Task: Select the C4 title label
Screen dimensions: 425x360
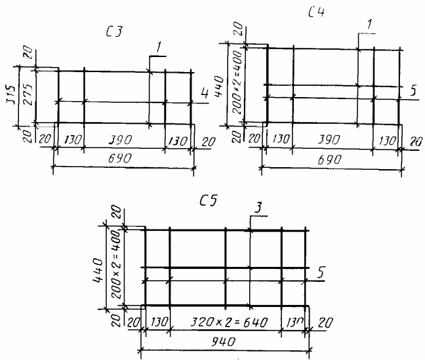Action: [x=315, y=12]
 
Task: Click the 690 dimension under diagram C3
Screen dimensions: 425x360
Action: [x=123, y=158]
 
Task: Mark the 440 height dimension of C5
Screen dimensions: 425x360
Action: [x=99, y=268]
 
